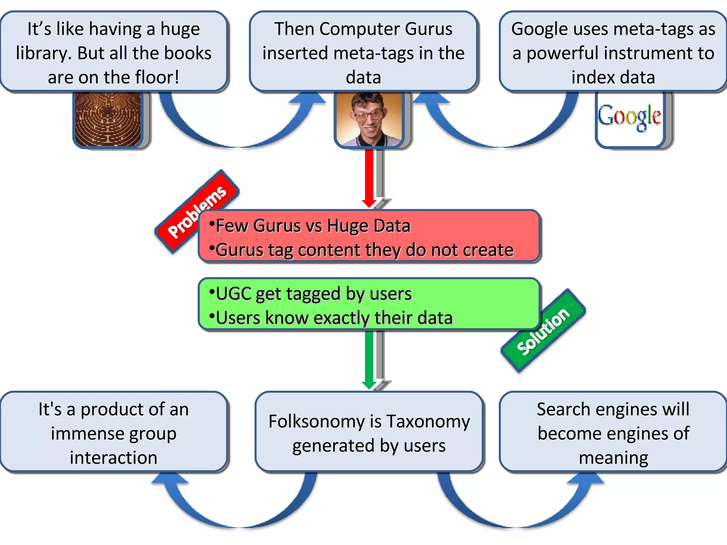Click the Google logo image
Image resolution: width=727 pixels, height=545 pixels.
click(629, 117)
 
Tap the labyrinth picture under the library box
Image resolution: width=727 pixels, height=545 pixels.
click(108, 119)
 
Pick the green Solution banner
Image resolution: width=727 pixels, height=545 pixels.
click(543, 331)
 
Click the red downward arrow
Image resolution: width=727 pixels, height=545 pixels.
click(369, 177)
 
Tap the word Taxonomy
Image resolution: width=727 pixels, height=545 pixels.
click(428, 422)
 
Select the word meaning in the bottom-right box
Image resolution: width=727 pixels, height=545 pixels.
click(613, 458)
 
